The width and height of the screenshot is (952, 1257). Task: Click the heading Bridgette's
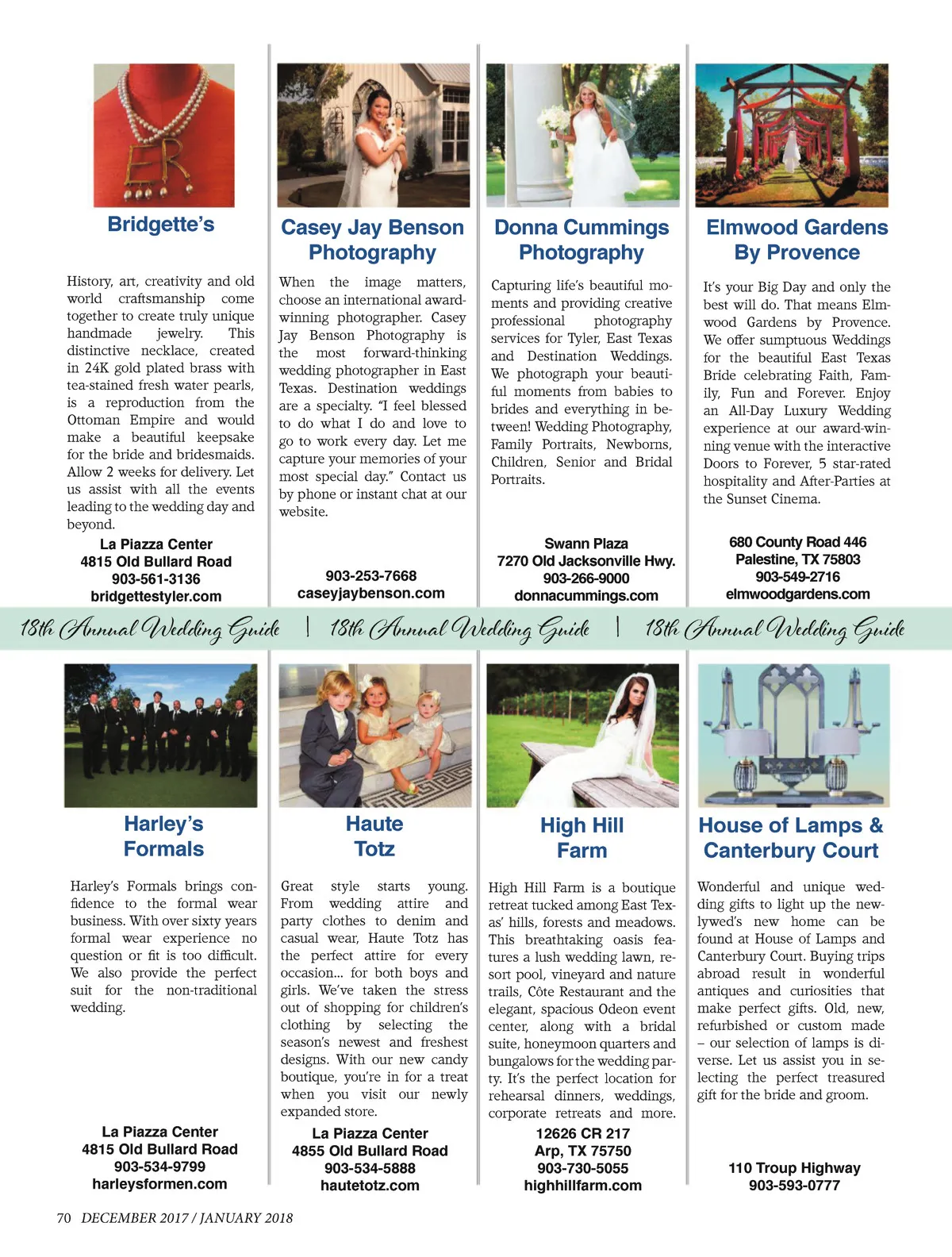click(161, 225)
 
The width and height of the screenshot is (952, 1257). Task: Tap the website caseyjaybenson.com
click(370, 594)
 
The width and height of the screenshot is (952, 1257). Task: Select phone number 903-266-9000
click(586, 579)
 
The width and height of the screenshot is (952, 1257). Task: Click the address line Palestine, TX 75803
click(797, 559)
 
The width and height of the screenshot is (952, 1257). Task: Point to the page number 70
click(63, 1217)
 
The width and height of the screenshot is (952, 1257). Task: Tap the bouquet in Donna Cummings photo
click(551, 121)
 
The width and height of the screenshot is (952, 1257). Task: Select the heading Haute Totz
click(374, 836)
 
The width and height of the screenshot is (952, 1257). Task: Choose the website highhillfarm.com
click(583, 1186)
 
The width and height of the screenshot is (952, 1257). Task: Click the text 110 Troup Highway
click(794, 1168)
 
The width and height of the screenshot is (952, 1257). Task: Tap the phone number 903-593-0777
click(794, 1186)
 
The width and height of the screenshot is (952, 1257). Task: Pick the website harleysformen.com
click(159, 1184)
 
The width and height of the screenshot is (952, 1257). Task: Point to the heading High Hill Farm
click(582, 838)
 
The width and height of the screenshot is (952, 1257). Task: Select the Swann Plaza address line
click(586, 544)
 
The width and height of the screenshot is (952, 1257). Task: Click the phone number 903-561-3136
click(156, 579)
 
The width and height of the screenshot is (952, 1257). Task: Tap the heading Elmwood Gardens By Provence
click(797, 240)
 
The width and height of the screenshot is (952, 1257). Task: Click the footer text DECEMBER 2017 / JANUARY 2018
click(187, 1217)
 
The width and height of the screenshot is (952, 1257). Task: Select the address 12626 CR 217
click(583, 1134)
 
